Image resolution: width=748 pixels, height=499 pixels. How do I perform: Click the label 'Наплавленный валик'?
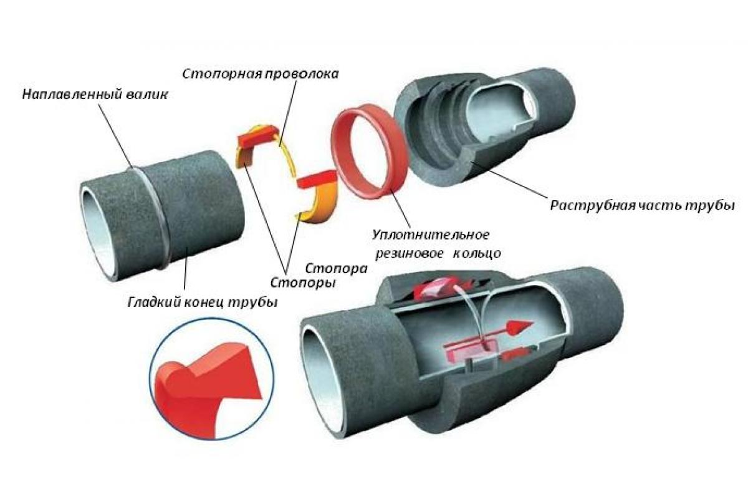coord(95,95)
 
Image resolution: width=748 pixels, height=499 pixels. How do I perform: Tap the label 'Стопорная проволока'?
coord(261,74)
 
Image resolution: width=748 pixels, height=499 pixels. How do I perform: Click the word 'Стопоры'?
coord(300,283)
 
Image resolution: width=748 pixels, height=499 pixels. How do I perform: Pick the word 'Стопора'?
coord(336,268)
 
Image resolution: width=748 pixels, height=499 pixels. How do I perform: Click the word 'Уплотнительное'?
coord(430,236)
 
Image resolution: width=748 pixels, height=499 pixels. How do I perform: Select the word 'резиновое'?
coord(409,254)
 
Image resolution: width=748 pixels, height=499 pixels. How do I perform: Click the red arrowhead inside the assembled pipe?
coord(521,326)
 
